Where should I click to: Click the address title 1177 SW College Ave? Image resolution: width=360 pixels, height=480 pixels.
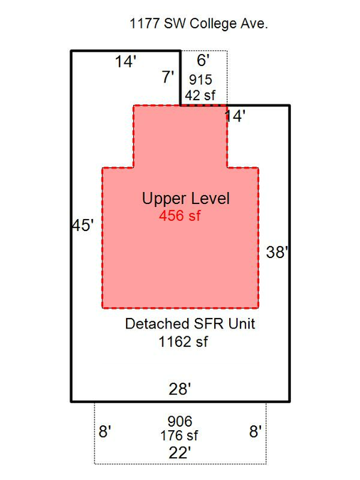pyautogui.click(x=198, y=24)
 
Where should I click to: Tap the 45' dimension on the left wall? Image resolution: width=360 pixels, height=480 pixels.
pyautogui.click(x=83, y=225)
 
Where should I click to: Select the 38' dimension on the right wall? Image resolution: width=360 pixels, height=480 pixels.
pyautogui.click(x=277, y=252)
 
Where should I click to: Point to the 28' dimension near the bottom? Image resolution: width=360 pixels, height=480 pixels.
pyautogui.click(x=180, y=390)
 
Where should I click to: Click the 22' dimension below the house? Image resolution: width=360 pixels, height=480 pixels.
pyautogui.click(x=180, y=453)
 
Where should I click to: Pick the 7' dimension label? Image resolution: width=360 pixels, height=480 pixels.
pyautogui.click(x=168, y=77)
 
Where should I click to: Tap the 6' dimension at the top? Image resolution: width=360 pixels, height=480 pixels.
pyautogui.click(x=203, y=60)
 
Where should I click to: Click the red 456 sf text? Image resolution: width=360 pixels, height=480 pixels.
pyautogui.click(x=180, y=215)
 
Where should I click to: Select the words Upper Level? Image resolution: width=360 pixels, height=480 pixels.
pyautogui.click(x=186, y=198)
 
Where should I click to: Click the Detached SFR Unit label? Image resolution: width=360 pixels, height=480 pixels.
pyautogui.click(x=190, y=324)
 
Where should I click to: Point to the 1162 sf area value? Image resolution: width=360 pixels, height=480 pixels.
pyautogui.click(x=184, y=341)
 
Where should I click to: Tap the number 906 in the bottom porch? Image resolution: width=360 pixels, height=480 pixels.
pyautogui.click(x=180, y=421)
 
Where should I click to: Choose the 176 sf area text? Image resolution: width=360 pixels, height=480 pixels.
pyautogui.click(x=179, y=435)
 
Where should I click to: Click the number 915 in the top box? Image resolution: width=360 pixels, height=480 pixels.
pyautogui.click(x=201, y=80)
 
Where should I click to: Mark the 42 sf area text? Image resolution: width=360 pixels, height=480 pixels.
pyautogui.click(x=200, y=95)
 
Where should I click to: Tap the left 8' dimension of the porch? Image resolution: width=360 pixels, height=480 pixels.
pyautogui.click(x=105, y=432)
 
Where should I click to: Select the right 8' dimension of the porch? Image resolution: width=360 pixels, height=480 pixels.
pyautogui.click(x=255, y=432)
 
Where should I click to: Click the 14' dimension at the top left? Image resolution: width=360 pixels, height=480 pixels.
pyautogui.click(x=126, y=61)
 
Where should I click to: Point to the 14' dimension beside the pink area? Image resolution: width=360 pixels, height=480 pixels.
pyautogui.click(x=235, y=117)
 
